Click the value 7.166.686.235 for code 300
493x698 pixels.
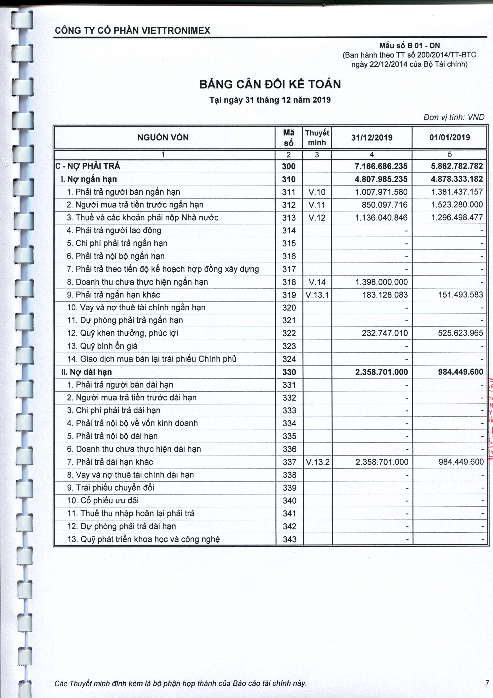pos(381,166)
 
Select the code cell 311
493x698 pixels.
pos(289,192)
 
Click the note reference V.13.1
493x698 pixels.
pos(317,295)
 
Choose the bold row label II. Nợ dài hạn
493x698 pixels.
pos(87,372)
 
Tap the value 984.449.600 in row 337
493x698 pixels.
pos(461,462)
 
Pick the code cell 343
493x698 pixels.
pos(289,539)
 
